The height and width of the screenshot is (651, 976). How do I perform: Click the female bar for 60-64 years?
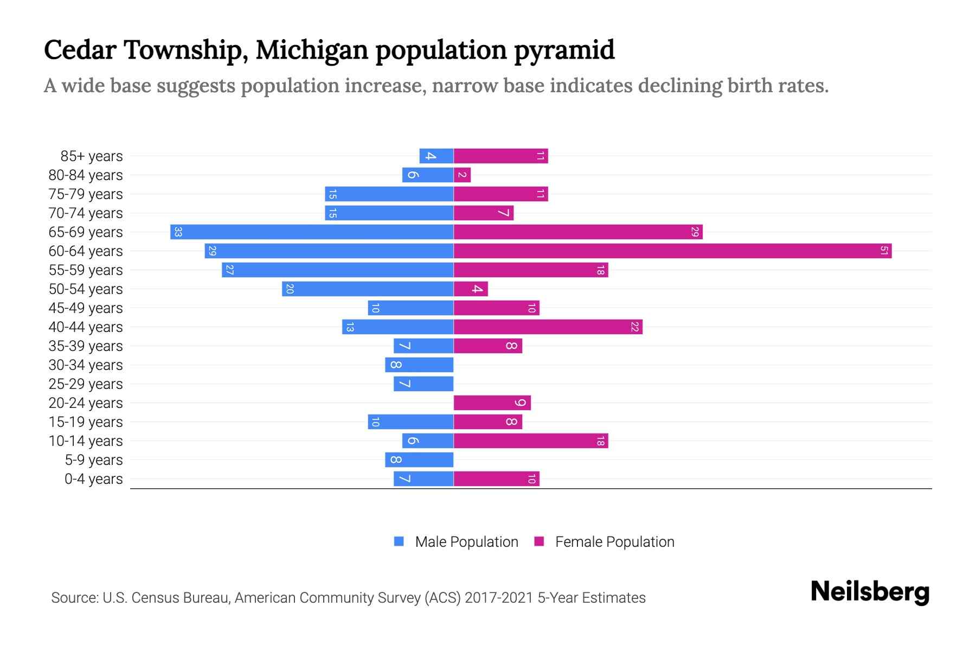(672, 251)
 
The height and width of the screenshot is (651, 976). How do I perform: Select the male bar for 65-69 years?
(312, 232)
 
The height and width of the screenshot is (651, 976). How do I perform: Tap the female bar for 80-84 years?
(463, 175)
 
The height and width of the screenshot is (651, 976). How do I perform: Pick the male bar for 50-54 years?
(368, 289)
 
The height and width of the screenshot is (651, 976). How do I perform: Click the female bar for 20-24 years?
(492, 403)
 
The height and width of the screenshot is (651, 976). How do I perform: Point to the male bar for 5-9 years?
(419, 460)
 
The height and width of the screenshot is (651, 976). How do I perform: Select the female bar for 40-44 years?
(548, 327)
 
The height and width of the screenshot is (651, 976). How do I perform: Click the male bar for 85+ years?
(436, 156)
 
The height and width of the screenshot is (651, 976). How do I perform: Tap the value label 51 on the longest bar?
(884, 251)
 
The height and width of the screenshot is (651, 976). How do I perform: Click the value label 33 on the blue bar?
(178, 232)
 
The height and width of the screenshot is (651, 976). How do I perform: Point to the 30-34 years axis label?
(86, 365)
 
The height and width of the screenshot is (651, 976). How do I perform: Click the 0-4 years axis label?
(93, 479)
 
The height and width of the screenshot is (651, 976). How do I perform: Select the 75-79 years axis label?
(86, 194)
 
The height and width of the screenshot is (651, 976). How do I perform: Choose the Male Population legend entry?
(466, 542)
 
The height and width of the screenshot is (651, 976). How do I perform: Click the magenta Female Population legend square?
(539, 541)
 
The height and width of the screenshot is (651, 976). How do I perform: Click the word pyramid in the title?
(564, 50)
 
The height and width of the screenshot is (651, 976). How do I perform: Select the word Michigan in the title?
(312, 50)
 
